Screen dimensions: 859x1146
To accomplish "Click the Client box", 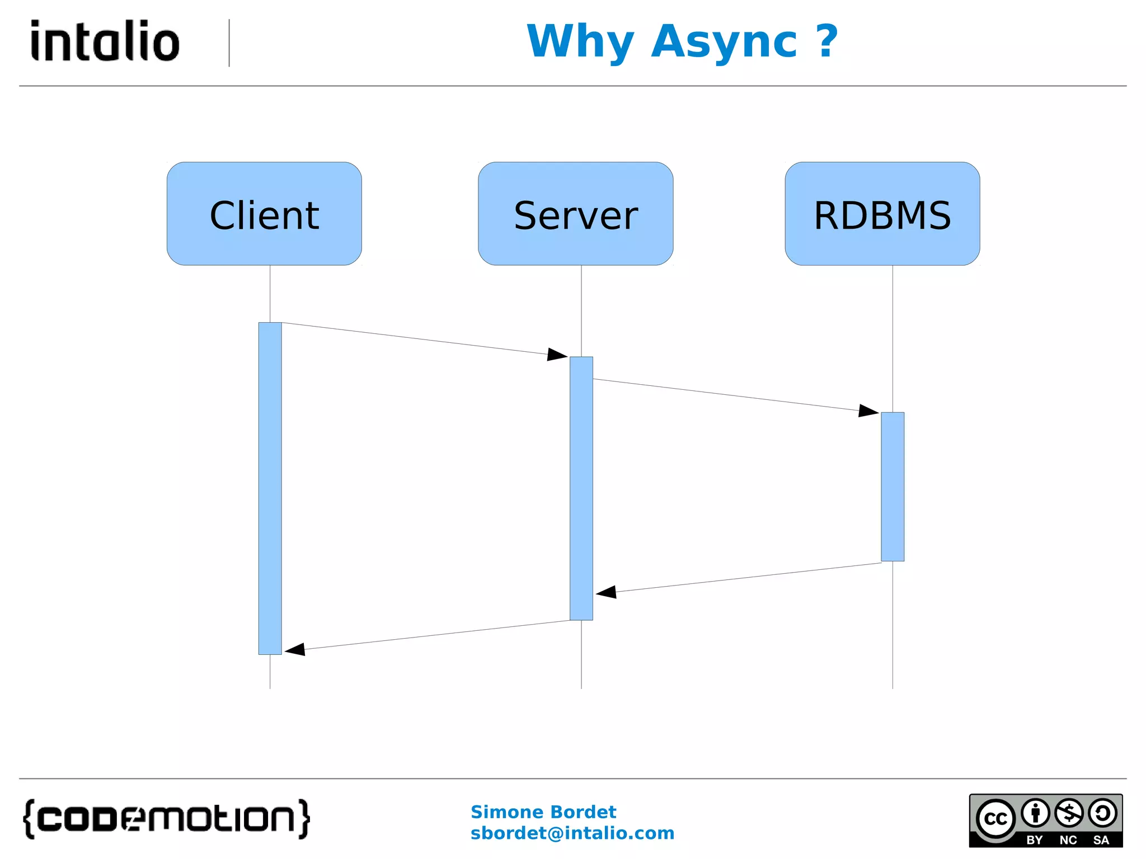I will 264,214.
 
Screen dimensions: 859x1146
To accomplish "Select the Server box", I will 575,214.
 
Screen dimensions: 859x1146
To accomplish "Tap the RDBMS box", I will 882,214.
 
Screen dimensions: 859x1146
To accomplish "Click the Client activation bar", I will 270,488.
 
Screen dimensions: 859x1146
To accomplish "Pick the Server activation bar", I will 581,488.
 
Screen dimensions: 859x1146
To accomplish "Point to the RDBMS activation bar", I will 892,487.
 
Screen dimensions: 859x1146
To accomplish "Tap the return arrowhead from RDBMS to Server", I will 607,592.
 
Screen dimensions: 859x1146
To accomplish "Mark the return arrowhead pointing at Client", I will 295,649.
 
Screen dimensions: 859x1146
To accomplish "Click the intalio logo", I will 105,41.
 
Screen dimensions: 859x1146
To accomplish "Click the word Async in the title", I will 724,43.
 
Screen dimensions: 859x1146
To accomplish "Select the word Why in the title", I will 580,43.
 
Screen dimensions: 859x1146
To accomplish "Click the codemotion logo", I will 166,819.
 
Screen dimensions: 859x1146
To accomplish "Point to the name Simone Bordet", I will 543,811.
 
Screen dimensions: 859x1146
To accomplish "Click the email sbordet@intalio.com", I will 572,833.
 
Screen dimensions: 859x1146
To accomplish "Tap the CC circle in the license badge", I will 995,819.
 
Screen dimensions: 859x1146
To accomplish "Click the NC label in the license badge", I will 1068,840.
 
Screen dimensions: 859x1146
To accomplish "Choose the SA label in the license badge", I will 1101,840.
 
